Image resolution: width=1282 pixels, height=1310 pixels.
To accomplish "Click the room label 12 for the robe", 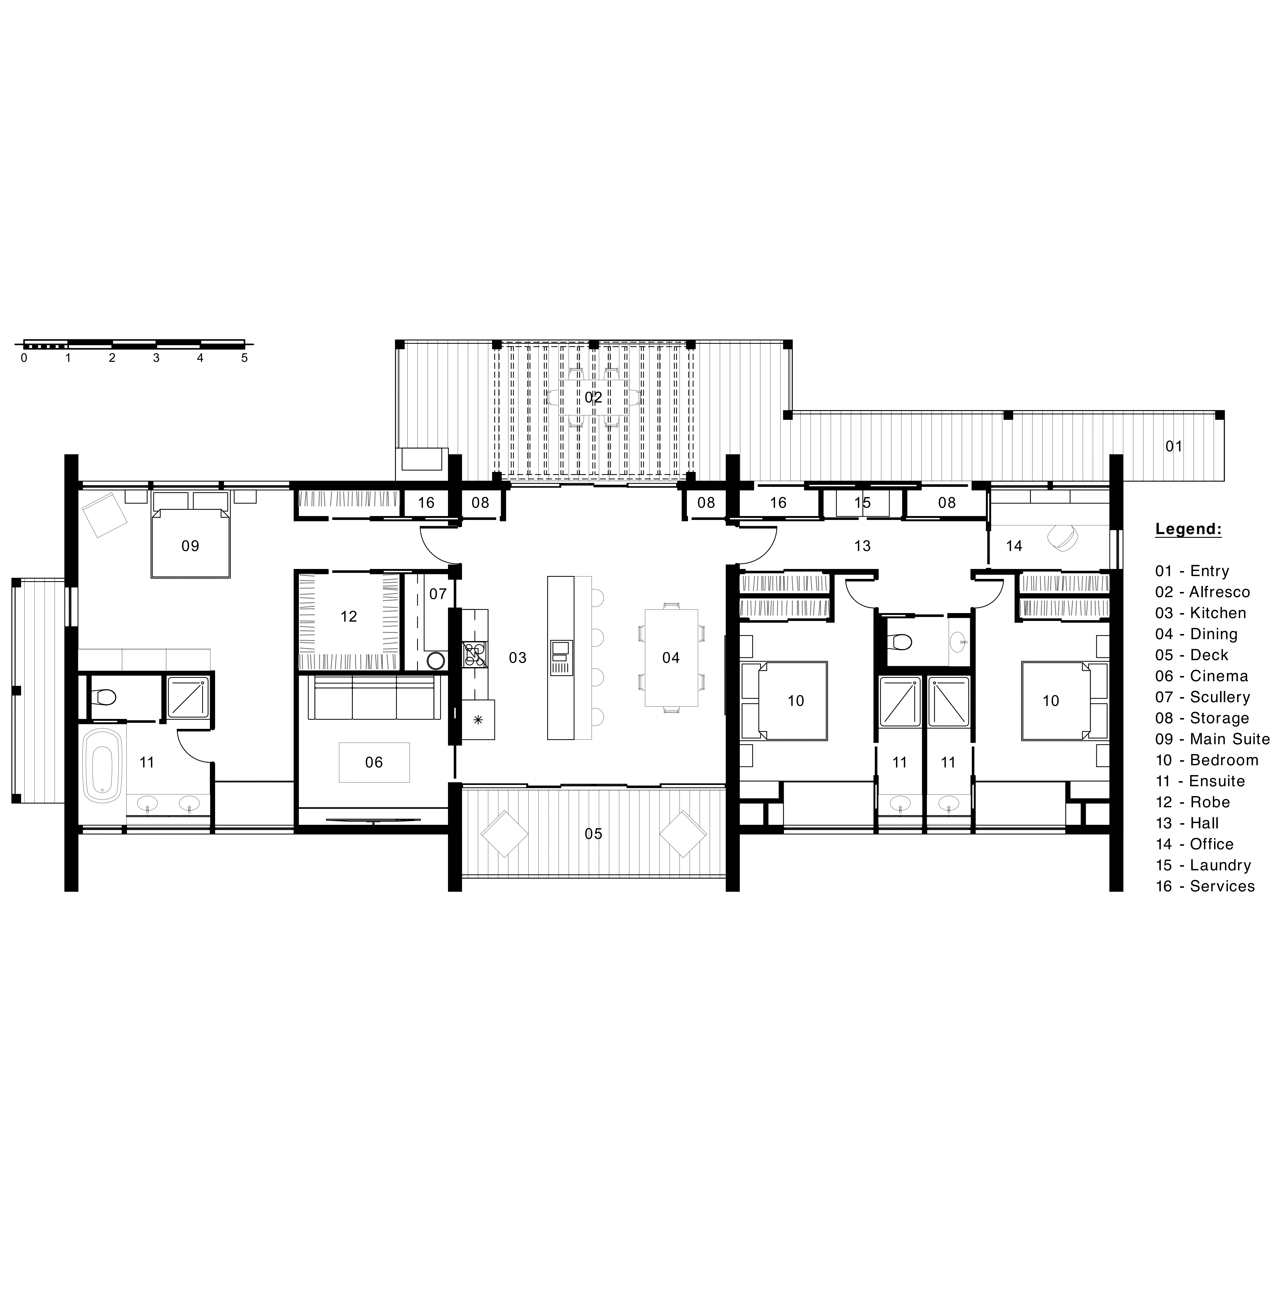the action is [349, 616].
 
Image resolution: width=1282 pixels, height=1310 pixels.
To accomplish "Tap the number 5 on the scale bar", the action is [244, 358].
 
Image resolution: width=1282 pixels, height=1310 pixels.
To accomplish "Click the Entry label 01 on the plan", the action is [1174, 446].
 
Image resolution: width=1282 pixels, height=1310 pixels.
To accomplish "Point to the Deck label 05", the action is [593, 834].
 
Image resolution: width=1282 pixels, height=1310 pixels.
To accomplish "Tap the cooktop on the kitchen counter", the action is [475, 655].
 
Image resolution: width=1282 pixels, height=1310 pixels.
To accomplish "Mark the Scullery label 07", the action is [438, 593].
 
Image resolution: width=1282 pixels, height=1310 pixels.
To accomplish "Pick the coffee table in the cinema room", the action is [374, 762].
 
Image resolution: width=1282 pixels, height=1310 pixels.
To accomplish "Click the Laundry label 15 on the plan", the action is [863, 503].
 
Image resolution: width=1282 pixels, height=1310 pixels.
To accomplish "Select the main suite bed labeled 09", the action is [191, 535].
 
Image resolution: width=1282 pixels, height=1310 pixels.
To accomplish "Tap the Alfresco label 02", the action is [593, 397].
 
